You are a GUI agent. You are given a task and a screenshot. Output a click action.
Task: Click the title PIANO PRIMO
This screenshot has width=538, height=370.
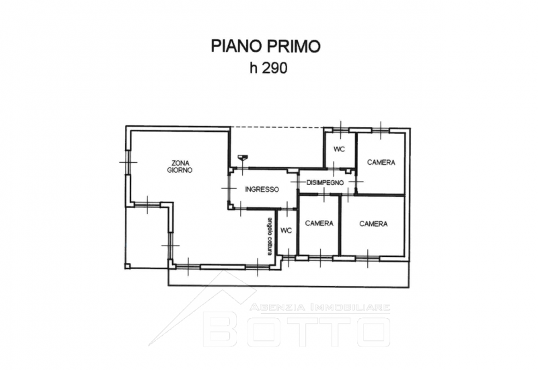266,46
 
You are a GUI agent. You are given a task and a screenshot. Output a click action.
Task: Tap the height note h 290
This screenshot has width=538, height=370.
268,68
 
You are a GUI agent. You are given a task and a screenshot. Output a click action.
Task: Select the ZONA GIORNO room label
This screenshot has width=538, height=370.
180,166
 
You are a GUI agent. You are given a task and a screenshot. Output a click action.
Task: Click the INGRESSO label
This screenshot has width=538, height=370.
262,189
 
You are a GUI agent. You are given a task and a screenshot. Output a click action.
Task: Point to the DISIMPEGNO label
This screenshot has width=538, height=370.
325,182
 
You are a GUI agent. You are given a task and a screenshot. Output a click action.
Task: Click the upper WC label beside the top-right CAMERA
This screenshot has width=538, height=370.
339,149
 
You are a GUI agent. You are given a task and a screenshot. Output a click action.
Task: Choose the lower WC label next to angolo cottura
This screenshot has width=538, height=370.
286,230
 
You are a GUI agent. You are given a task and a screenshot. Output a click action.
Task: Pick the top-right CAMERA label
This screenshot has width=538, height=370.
381,162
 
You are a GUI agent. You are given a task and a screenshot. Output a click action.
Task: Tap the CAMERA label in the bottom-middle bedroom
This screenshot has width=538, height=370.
319,223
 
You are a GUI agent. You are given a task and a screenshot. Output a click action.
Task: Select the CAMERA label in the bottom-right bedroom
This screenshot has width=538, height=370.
373,224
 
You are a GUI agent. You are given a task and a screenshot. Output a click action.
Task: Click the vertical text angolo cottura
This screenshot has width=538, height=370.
270,237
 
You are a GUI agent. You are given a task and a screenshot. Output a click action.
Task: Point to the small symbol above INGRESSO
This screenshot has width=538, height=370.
243,157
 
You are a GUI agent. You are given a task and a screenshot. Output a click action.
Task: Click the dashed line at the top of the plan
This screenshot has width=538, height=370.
277,127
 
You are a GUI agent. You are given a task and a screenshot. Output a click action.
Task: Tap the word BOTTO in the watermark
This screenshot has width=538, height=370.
297,331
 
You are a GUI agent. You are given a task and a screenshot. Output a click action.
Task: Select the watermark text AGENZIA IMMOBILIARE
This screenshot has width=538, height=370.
320,307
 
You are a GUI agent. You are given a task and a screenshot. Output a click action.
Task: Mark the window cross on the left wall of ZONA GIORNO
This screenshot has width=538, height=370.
128,162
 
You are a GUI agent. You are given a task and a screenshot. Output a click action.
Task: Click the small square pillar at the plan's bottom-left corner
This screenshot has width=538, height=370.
127,266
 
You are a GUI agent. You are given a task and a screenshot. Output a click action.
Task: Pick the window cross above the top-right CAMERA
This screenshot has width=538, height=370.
381,131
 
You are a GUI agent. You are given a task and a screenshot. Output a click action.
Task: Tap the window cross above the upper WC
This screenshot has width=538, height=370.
341,130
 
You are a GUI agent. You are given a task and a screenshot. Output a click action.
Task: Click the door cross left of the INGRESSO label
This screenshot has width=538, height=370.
229,188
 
